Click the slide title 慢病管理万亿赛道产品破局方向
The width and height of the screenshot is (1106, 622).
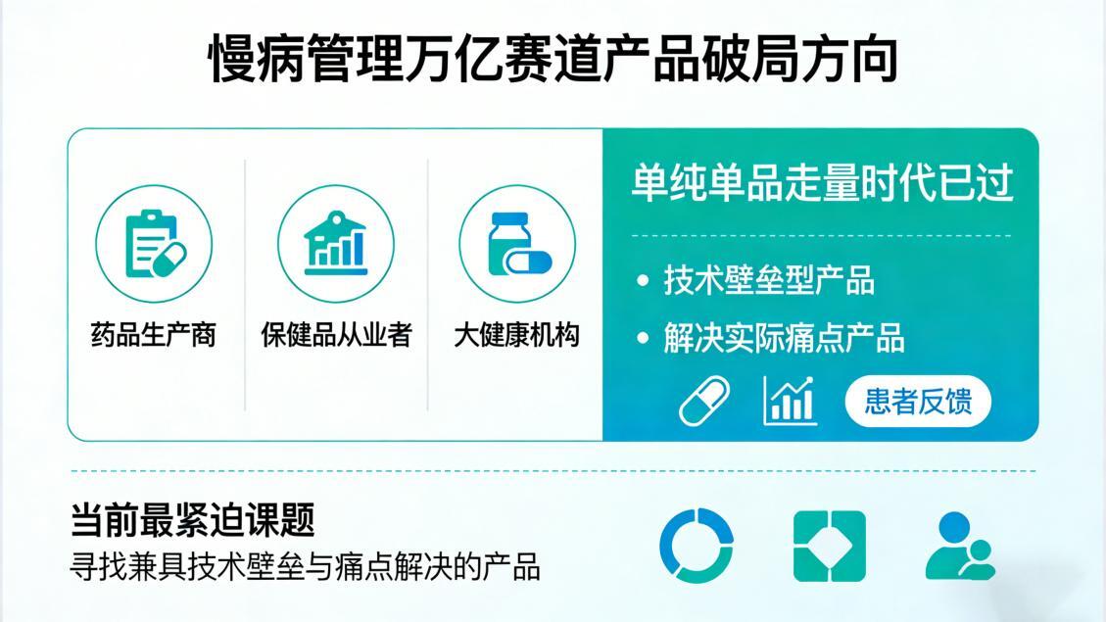[553, 61]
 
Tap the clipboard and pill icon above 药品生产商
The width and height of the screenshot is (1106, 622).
[154, 243]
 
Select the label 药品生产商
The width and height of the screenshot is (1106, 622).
[154, 335]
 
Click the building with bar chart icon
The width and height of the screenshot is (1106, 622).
[336, 243]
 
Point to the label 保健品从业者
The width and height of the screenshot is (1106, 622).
[336, 335]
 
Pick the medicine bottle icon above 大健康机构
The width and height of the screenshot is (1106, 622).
[517, 243]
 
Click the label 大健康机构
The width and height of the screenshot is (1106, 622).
[517, 335]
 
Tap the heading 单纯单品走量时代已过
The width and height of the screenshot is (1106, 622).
[822, 184]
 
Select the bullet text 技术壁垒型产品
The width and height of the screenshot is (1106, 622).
[769, 280]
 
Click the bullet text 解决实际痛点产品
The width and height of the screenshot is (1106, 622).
[784, 338]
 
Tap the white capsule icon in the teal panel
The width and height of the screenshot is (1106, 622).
[705, 402]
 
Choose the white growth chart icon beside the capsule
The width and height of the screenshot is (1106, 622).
[790, 401]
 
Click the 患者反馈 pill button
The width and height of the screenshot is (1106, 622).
[918, 402]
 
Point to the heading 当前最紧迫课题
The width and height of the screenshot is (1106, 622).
[193, 520]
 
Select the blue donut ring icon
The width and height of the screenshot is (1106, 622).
[697, 546]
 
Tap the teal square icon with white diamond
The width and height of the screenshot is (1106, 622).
[829, 546]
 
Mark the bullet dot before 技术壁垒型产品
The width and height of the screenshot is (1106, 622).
[643, 281]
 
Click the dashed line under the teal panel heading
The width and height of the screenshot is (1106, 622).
[822, 235]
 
